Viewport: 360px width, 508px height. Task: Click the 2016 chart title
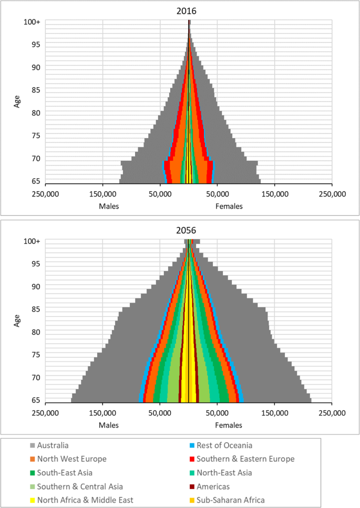[x=189, y=11]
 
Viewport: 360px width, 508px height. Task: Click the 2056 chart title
[x=189, y=230]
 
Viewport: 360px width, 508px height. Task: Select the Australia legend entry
[x=56, y=445]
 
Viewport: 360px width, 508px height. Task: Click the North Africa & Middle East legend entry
[x=87, y=500]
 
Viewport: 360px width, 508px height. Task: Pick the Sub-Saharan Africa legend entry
[x=235, y=500]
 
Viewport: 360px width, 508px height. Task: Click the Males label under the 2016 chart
[x=109, y=206]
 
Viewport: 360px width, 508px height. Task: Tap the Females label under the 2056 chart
[x=229, y=425]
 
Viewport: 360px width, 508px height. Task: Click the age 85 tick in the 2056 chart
[x=36, y=309]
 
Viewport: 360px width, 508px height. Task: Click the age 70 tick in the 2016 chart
[x=36, y=158]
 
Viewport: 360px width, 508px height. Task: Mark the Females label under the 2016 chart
[x=229, y=206]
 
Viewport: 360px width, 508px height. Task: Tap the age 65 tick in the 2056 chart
[x=36, y=400]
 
